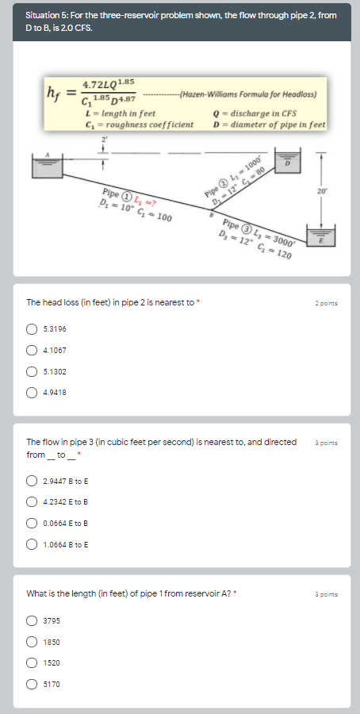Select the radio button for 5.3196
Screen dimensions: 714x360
[x=33, y=329]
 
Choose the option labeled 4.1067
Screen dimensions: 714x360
[x=33, y=350]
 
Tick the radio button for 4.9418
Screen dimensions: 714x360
[x=33, y=392]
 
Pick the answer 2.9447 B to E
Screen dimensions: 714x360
[x=33, y=481]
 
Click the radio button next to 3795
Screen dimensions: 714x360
[x=33, y=621]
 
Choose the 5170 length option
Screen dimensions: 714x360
[x=33, y=683]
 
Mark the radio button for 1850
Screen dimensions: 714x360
[x=33, y=642]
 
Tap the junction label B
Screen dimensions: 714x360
[x=211, y=213]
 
